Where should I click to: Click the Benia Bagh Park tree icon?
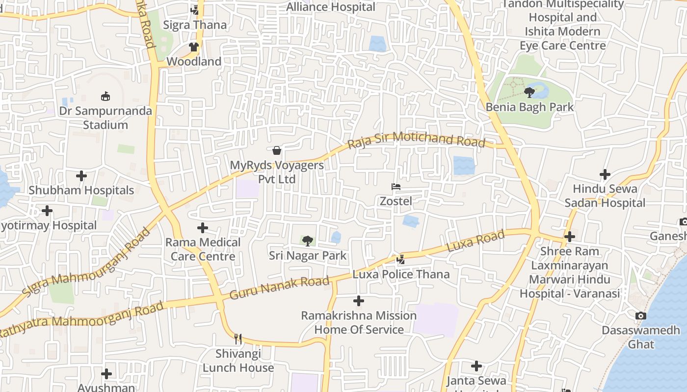(x=529, y=92)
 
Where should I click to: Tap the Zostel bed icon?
(x=396, y=187)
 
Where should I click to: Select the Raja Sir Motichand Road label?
(x=416, y=140)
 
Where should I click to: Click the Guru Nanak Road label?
(x=279, y=288)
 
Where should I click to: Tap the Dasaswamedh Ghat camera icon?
(x=640, y=316)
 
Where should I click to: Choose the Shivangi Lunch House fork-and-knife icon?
(x=238, y=339)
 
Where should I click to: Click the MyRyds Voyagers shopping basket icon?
(x=277, y=150)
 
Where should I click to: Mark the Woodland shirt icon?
(x=194, y=47)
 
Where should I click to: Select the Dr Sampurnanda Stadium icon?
(x=105, y=96)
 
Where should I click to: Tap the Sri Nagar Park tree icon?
(x=308, y=241)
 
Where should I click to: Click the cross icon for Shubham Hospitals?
(x=81, y=175)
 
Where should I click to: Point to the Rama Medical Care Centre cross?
(x=202, y=228)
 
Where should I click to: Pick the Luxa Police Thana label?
(x=401, y=274)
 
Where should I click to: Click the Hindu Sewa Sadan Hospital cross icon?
(x=605, y=174)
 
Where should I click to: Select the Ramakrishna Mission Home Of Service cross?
(x=359, y=300)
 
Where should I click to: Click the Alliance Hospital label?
(x=331, y=7)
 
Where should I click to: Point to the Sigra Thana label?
(x=195, y=25)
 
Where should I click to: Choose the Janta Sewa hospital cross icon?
(x=476, y=366)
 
